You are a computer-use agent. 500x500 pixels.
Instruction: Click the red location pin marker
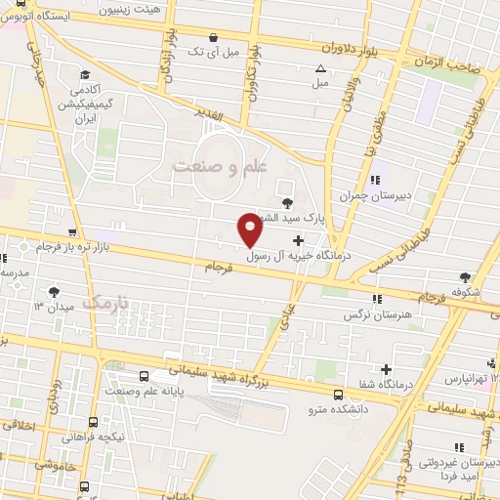tap(250, 229)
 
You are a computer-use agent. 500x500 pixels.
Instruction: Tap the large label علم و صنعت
tap(220, 167)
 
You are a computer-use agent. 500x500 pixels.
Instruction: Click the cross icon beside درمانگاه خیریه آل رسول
tap(297, 239)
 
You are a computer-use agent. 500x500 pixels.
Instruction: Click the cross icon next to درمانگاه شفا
tap(388, 369)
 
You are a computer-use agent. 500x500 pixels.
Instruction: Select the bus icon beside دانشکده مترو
tap(338, 396)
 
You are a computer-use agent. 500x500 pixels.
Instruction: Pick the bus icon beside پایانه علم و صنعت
tap(145, 376)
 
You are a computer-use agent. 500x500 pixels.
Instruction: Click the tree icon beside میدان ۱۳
tap(54, 291)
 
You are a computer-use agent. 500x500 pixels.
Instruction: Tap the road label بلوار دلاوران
tap(348, 45)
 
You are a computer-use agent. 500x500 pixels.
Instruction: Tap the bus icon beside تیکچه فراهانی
tap(93, 423)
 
